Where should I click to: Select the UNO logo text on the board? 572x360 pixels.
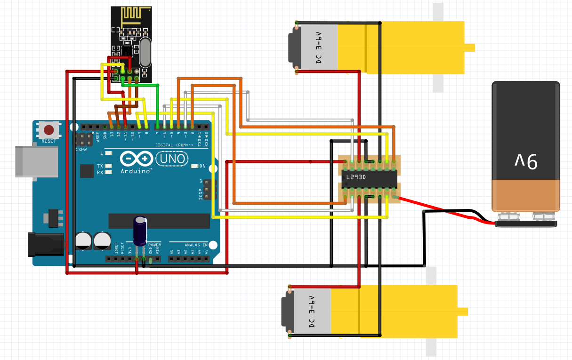[x=173, y=159]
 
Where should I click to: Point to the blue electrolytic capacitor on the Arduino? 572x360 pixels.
[x=140, y=231]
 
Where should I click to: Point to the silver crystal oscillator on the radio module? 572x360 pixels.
[x=145, y=52]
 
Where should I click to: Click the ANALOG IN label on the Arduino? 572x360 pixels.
[x=196, y=245]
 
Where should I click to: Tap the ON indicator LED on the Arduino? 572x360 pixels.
[x=195, y=166]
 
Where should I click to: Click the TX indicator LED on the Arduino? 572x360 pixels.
[x=109, y=166]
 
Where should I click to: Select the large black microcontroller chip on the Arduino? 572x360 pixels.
[x=159, y=220]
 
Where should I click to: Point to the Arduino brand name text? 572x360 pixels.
[x=137, y=171]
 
